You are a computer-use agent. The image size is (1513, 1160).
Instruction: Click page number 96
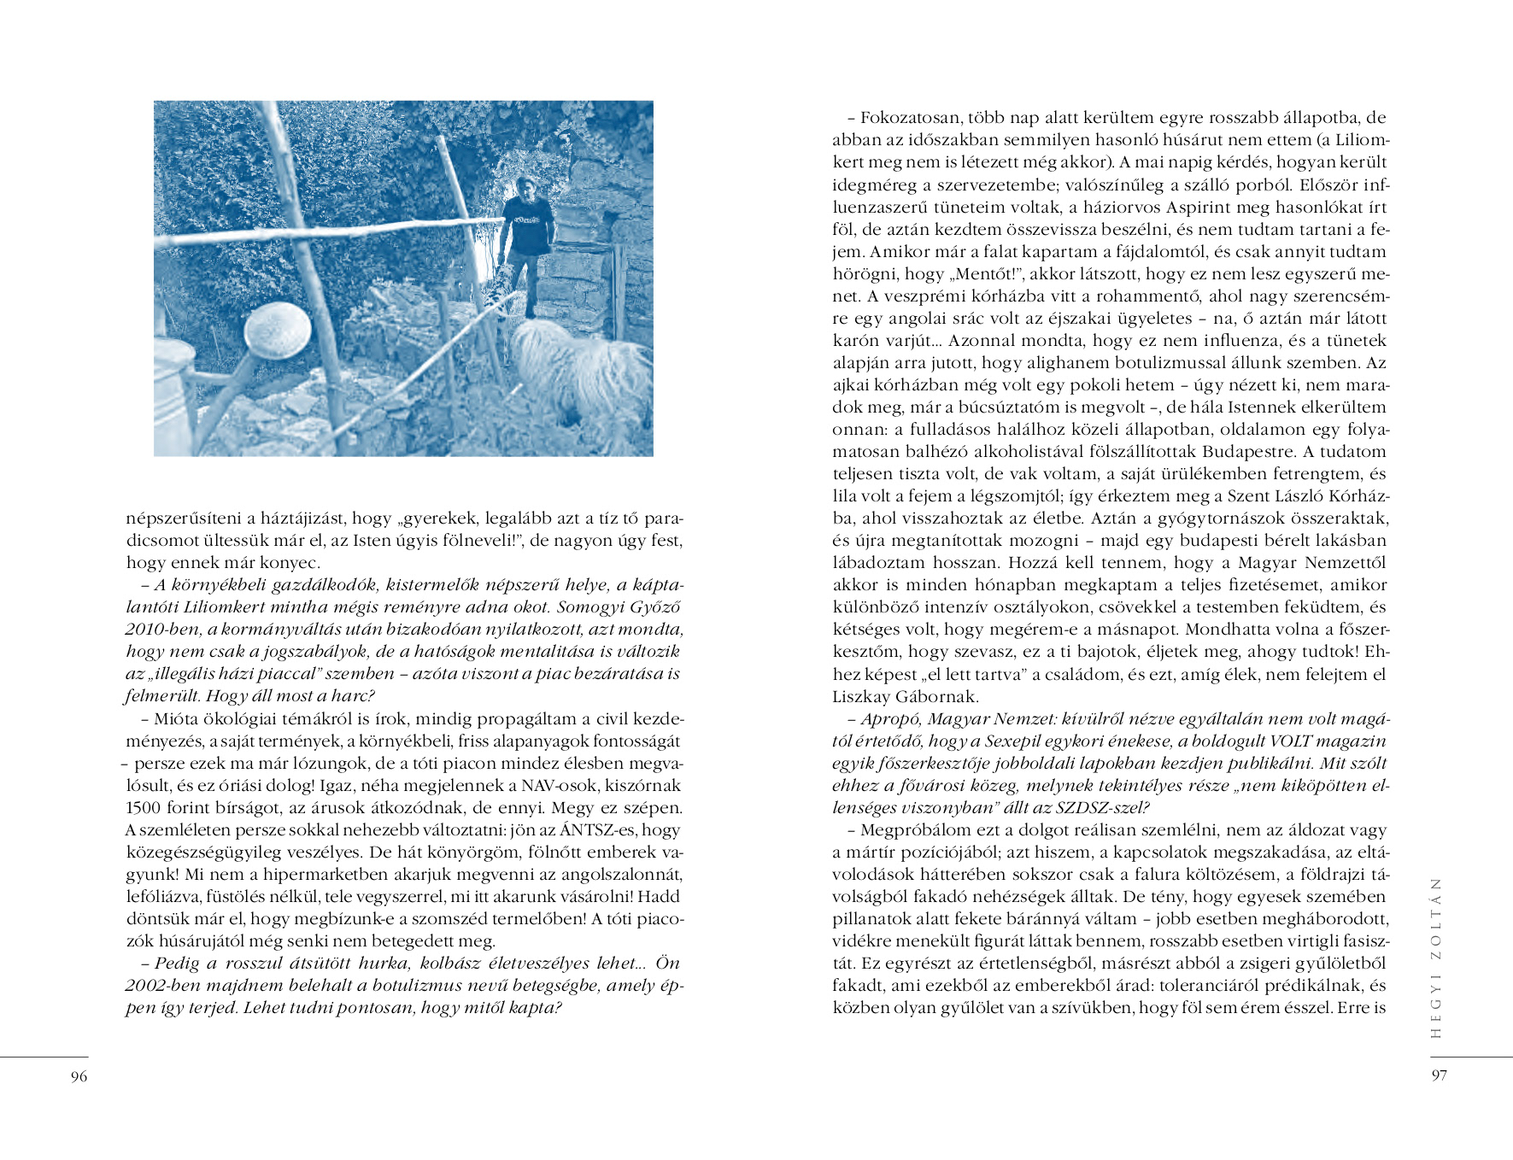[x=79, y=1076]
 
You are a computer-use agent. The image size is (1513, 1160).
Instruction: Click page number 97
[x=1440, y=1075]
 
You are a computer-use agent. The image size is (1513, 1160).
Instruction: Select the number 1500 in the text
[x=144, y=808]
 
